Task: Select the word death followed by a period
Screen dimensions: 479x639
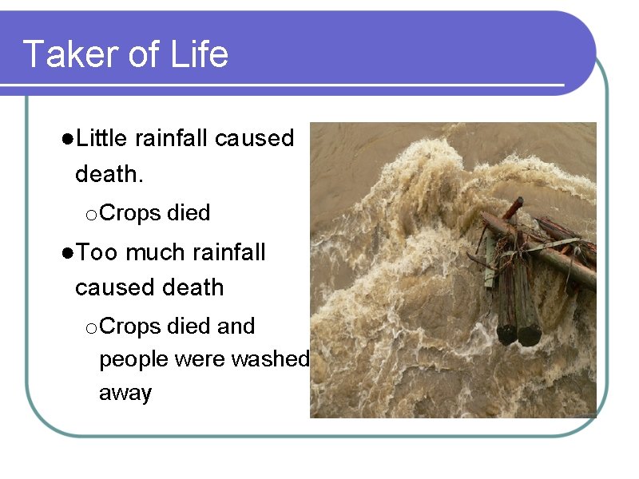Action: click(x=109, y=173)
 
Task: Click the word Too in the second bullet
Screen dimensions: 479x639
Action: click(x=97, y=252)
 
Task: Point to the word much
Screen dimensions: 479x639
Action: click(x=155, y=252)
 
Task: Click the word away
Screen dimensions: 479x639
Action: click(x=125, y=393)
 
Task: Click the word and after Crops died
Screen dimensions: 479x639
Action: click(x=236, y=326)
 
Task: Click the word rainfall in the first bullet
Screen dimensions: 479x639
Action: click(x=173, y=138)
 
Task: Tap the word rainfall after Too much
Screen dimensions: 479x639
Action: click(x=228, y=252)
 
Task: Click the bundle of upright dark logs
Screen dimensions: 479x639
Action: click(x=517, y=303)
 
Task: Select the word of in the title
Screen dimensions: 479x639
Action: click(x=144, y=54)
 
